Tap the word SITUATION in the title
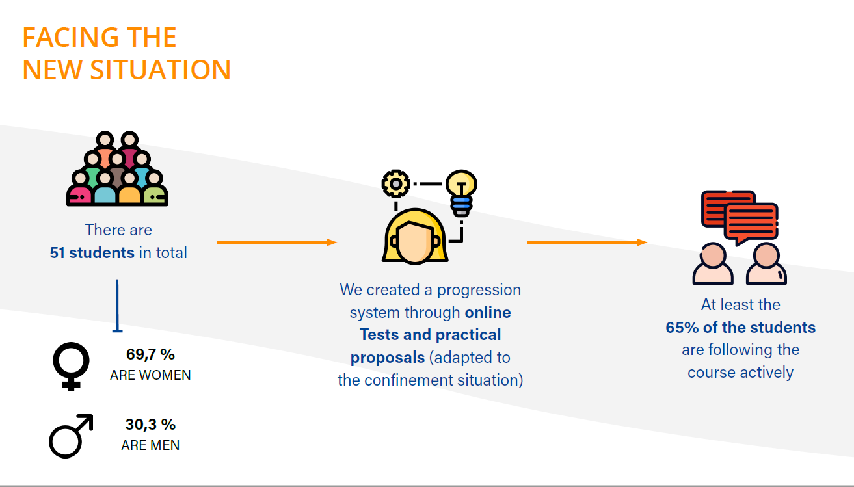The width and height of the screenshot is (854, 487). [161, 70]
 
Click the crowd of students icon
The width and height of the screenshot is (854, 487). [117, 168]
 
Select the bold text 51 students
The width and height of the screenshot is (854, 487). [92, 253]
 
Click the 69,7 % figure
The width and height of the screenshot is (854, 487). [150, 354]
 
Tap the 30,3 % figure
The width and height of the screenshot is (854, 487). [150, 425]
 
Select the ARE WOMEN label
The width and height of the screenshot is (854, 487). [150, 375]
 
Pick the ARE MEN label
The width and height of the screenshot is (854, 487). [150, 445]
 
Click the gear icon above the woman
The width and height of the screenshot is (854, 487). [395, 183]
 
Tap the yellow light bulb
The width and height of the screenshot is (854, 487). [461, 193]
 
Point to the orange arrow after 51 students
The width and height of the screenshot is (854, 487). [277, 242]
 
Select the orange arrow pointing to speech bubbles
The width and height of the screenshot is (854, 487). [587, 242]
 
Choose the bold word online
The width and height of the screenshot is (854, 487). [488, 313]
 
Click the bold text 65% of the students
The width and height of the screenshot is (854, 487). [740, 327]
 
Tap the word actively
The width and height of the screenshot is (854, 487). [767, 373]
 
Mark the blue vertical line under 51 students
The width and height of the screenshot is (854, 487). [117, 305]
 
